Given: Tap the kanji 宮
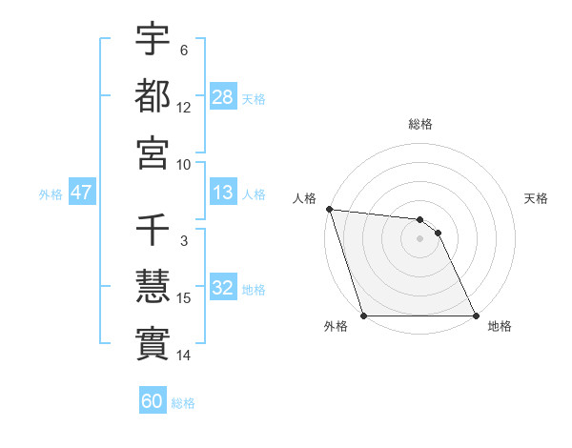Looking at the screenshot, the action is click(x=153, y=152).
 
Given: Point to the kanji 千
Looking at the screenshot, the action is click(x=153, y=230).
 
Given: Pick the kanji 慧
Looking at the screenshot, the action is click(x=153, y=286).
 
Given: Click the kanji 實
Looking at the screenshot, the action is click(x=153, y=342).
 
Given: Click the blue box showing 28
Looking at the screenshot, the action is click(x=223, y=96).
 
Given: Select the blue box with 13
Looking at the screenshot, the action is click(x=223, y=193).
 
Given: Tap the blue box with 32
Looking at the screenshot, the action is click(x=223, y=289).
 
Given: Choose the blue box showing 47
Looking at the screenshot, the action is click(x=82, y=193).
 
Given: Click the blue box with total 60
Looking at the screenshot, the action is click(x=153, y=401).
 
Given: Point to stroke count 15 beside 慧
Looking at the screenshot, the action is click(x=184, y=298).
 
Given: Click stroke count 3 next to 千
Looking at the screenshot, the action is click(x=184, y=242).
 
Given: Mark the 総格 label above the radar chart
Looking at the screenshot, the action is click(x=420, y=124).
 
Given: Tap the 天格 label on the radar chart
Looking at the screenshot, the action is click(x=536, y=198).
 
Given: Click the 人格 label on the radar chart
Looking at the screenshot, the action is click(x=305, y=198).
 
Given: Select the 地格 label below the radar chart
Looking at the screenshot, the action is click(x=500, y=326).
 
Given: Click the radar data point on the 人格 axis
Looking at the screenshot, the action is click(x=329, y=209).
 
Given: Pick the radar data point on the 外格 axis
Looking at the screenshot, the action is click(x=363, y=316).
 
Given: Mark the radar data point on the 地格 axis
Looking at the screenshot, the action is click(x=476, y=316).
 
